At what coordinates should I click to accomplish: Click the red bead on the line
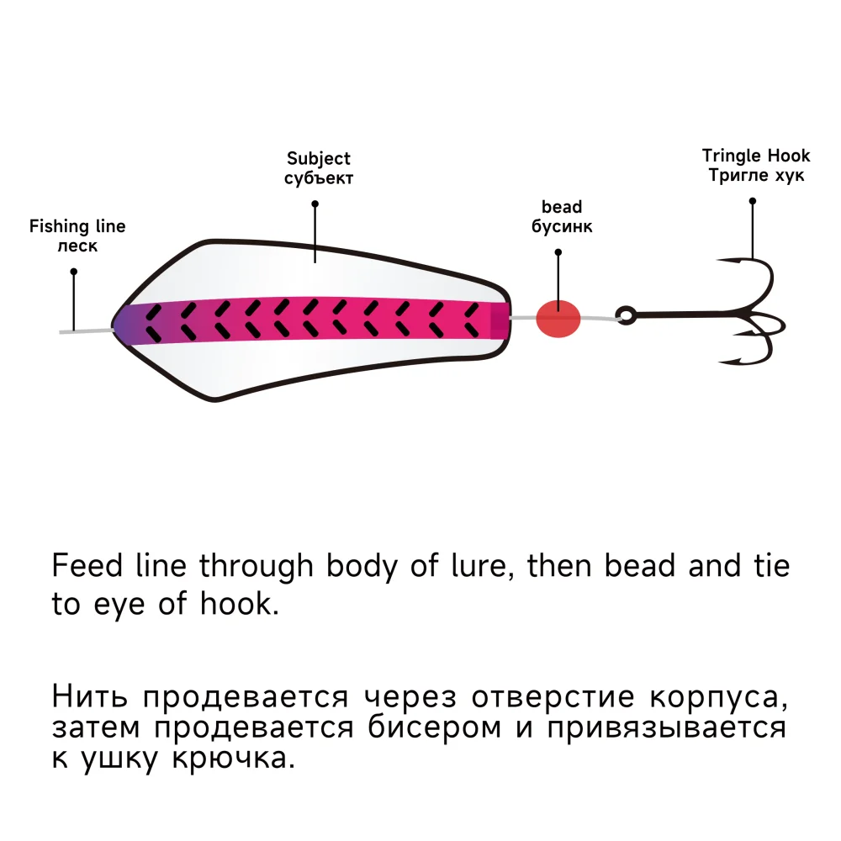pyautogui.click(x=558, y=319)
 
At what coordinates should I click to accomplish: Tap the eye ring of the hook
pyautogui.click(x=625, y=315)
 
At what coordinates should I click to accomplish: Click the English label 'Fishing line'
pyautogui.click(x=77, y=226)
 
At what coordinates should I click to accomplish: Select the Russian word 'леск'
pyautogui.click(x=77, y=246)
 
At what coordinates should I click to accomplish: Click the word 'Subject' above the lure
pyautogui.click(x=319, y=159)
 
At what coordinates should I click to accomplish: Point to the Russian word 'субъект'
pyautogui.click(x=319, y=178)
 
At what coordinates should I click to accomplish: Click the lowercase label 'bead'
pyautogui.click(x=562, y=207)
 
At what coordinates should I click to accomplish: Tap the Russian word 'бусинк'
pyautogui.click(x=562, y=226)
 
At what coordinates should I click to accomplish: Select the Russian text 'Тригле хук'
pyautogui.click(x=756, y=175)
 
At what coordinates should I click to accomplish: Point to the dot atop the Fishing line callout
pyautogui.click(x=74, y=272)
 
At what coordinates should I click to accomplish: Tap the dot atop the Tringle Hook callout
pyautogui.click(x=753, y=201)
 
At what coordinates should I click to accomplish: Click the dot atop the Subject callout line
pyautogui.click(x=315, y=204)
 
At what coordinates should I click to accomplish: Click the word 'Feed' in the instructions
pyautogui.click(x=78, y=565)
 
